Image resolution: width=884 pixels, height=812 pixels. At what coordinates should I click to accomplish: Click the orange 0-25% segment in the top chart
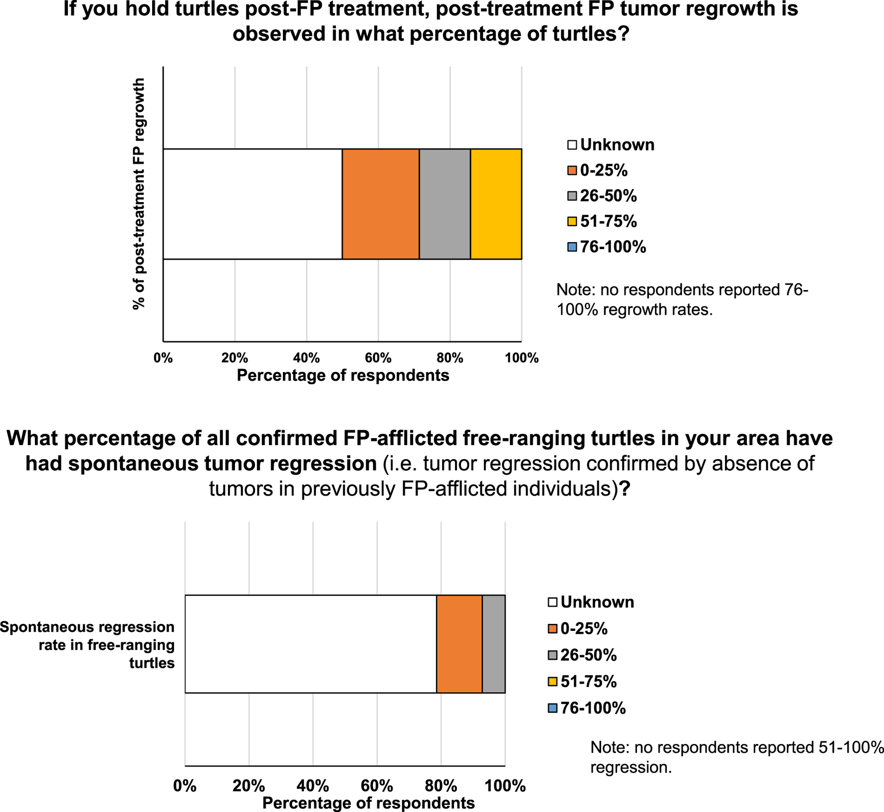pos(380,204)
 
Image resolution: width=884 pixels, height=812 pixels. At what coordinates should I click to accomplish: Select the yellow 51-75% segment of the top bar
pos(496,204)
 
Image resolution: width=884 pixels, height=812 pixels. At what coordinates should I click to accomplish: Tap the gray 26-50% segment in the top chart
pos(444,204)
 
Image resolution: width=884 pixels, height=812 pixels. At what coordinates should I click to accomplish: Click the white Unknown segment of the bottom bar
pos(310,644)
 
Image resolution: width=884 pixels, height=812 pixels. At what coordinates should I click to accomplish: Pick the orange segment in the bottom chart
pos(459,644)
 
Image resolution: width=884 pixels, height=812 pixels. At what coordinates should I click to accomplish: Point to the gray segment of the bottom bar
pos(493,644)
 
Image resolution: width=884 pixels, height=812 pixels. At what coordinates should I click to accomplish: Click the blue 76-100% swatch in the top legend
pos(572,247)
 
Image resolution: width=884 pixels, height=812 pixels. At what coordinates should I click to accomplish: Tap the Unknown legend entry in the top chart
pos(611,145)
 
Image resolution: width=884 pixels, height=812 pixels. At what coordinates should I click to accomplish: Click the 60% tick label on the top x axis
pos(378,358)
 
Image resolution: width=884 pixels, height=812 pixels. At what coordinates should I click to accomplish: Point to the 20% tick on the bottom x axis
pos(248,786)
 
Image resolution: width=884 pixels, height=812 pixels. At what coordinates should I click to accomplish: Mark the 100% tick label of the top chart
pos(522,358)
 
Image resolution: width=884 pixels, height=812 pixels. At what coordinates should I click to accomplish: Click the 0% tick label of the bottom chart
pos(185,786)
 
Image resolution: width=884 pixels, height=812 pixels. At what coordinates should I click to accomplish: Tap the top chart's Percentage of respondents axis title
pos(343,375)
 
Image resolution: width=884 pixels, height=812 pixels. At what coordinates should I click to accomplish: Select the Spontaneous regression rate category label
pos(88,644)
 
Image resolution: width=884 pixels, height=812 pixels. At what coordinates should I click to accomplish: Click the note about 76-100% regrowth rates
pos(681,299)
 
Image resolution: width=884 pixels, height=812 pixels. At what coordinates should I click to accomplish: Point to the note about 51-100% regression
pos(736,757)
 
